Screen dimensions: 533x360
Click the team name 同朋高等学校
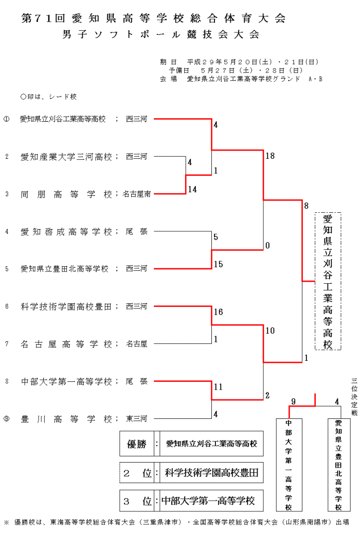(66, 194)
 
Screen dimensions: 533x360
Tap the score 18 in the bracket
(270, 156)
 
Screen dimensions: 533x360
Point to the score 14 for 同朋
(192, 190)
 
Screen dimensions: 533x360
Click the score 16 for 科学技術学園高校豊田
(218, 312)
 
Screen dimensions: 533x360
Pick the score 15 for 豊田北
(218, 264)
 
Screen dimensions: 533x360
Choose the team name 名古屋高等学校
(66, 344)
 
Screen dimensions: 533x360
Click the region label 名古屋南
(137, 194)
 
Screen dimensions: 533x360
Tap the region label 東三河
(137, 418)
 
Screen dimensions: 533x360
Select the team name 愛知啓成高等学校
(66, 232)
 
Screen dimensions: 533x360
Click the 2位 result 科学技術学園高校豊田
(211, 472)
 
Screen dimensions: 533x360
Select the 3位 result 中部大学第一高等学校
(208, 500)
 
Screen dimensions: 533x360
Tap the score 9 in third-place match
(292, 401)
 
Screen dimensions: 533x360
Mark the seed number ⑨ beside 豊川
(7, 418)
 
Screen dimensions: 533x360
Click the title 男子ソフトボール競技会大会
(160, 35)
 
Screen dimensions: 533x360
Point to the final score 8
(306, 206)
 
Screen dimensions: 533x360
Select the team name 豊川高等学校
(66, 418)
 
